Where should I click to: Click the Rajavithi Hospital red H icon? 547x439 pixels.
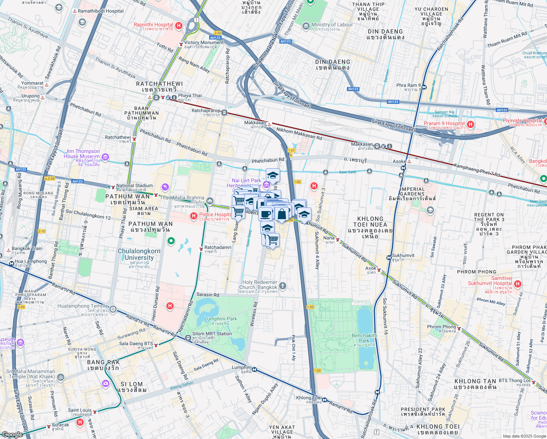click(x=179, y=26)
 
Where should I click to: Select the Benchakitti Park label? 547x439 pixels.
click(x=364, y=338)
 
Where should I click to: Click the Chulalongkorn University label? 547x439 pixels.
click(x=139, y=254)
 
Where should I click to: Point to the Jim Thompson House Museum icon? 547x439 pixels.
click(x=105, y=157)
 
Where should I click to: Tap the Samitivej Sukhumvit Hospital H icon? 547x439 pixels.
click(x=517, y=284)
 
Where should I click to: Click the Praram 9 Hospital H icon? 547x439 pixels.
click(x=471, y=124)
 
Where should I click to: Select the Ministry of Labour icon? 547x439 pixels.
click(x=306, y=26)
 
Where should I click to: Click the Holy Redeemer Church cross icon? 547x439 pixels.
click(x=282, y=286)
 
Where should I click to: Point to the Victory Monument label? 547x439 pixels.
click(x=204, y=42)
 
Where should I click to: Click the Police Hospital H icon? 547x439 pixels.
click(x=194, y=216)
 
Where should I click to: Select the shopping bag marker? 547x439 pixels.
click(x=282, y=214)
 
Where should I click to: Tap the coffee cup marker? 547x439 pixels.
click(x=266, y=213)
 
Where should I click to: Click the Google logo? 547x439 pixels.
click(x=12, y=434)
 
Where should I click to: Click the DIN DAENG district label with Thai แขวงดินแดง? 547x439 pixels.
click(x=385, y=34)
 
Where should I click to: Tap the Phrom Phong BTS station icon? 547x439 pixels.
click(x=459, y=329)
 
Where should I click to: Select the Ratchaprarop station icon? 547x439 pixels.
click(x=224, y=112)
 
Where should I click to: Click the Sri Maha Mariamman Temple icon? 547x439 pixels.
click(x=61, y=377)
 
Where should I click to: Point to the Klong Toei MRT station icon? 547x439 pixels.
click(x=324, y=400)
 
